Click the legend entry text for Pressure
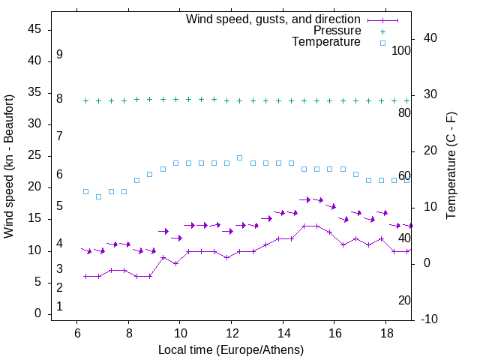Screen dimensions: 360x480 337,31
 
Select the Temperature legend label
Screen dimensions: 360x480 326,42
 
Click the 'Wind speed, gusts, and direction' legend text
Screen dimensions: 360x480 274,19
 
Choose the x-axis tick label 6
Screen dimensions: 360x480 77,332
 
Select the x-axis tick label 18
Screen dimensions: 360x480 385,332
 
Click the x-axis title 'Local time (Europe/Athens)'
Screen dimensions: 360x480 231,349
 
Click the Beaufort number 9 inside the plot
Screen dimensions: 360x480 59,55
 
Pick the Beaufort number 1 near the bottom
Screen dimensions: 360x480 59,307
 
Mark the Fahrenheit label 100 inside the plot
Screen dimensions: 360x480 401,50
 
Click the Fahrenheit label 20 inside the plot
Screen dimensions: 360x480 404,300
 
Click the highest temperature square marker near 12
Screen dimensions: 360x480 240,157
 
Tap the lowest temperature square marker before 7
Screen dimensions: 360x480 98,196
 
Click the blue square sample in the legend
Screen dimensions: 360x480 382,43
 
